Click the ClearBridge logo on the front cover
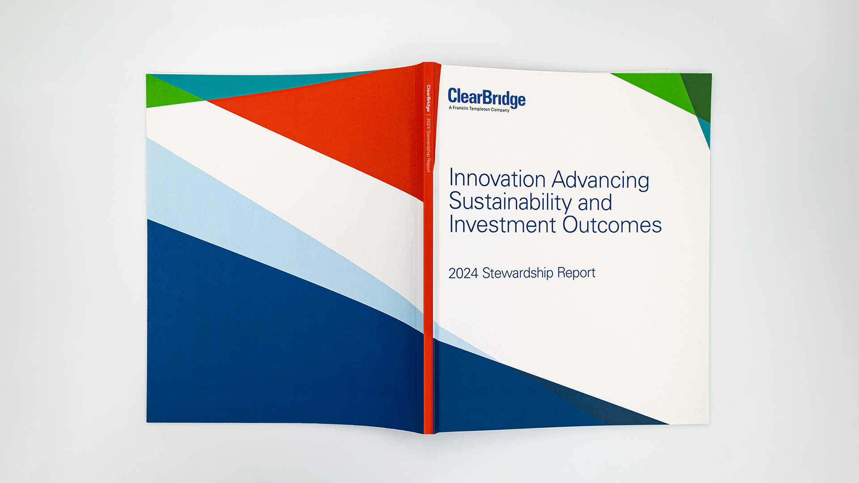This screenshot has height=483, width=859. pyautogui.click(x=487, y=98)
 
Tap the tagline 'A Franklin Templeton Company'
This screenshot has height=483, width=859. pyautogui.click(x=479, y=109)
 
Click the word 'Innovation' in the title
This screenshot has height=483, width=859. pyautogui.click(x=497, y=178)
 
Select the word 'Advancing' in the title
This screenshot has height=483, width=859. pyautogui.click(x=600, y=180)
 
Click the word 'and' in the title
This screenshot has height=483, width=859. pyautogui.click(x=595, y=203)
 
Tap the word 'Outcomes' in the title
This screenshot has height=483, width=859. pyautogui.click(x=612, y=225)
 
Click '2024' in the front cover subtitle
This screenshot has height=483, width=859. pyautogui.click(x=463, y=273)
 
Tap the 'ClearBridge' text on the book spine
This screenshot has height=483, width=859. pyautogui.click(x=428, y=98)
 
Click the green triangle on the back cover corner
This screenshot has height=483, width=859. pyautogui.click(x=168, y=93)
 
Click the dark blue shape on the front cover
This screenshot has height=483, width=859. pyautogui.click(x=506, y=394)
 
